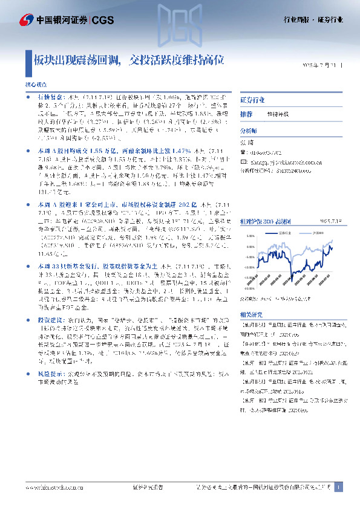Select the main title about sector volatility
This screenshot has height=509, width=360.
pyautogui.click(x=129, y=60)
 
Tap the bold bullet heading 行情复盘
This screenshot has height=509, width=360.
pyautogui.click(x=48, y=97)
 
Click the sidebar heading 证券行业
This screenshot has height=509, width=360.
pyautogui.click(x=253, y=99)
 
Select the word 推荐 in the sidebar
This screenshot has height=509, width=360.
pyautogui.click(x=246, y=114)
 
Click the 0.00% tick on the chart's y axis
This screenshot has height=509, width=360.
pyautogui.click(x=250, y=246)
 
